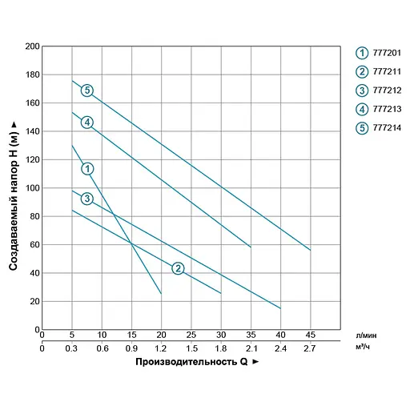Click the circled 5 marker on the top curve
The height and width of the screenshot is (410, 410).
(86, 90)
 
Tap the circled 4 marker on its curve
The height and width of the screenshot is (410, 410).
(86, 123)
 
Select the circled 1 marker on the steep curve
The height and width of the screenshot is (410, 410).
(87, 168)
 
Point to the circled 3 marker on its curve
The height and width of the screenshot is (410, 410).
(86, 199)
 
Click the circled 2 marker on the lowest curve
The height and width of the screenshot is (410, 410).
(178, 268)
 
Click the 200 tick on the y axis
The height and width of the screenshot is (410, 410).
(33, 46)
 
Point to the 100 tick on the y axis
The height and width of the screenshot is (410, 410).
(33, 188)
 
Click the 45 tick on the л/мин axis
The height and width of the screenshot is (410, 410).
(310, 336)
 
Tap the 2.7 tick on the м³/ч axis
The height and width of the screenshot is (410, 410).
(310, 348)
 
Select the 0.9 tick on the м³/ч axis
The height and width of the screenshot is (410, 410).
(131, 348)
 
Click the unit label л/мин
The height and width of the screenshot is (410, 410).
(365, 336)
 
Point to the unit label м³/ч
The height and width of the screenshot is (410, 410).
(364, 348)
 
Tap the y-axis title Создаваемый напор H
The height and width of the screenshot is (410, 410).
(14, 188)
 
